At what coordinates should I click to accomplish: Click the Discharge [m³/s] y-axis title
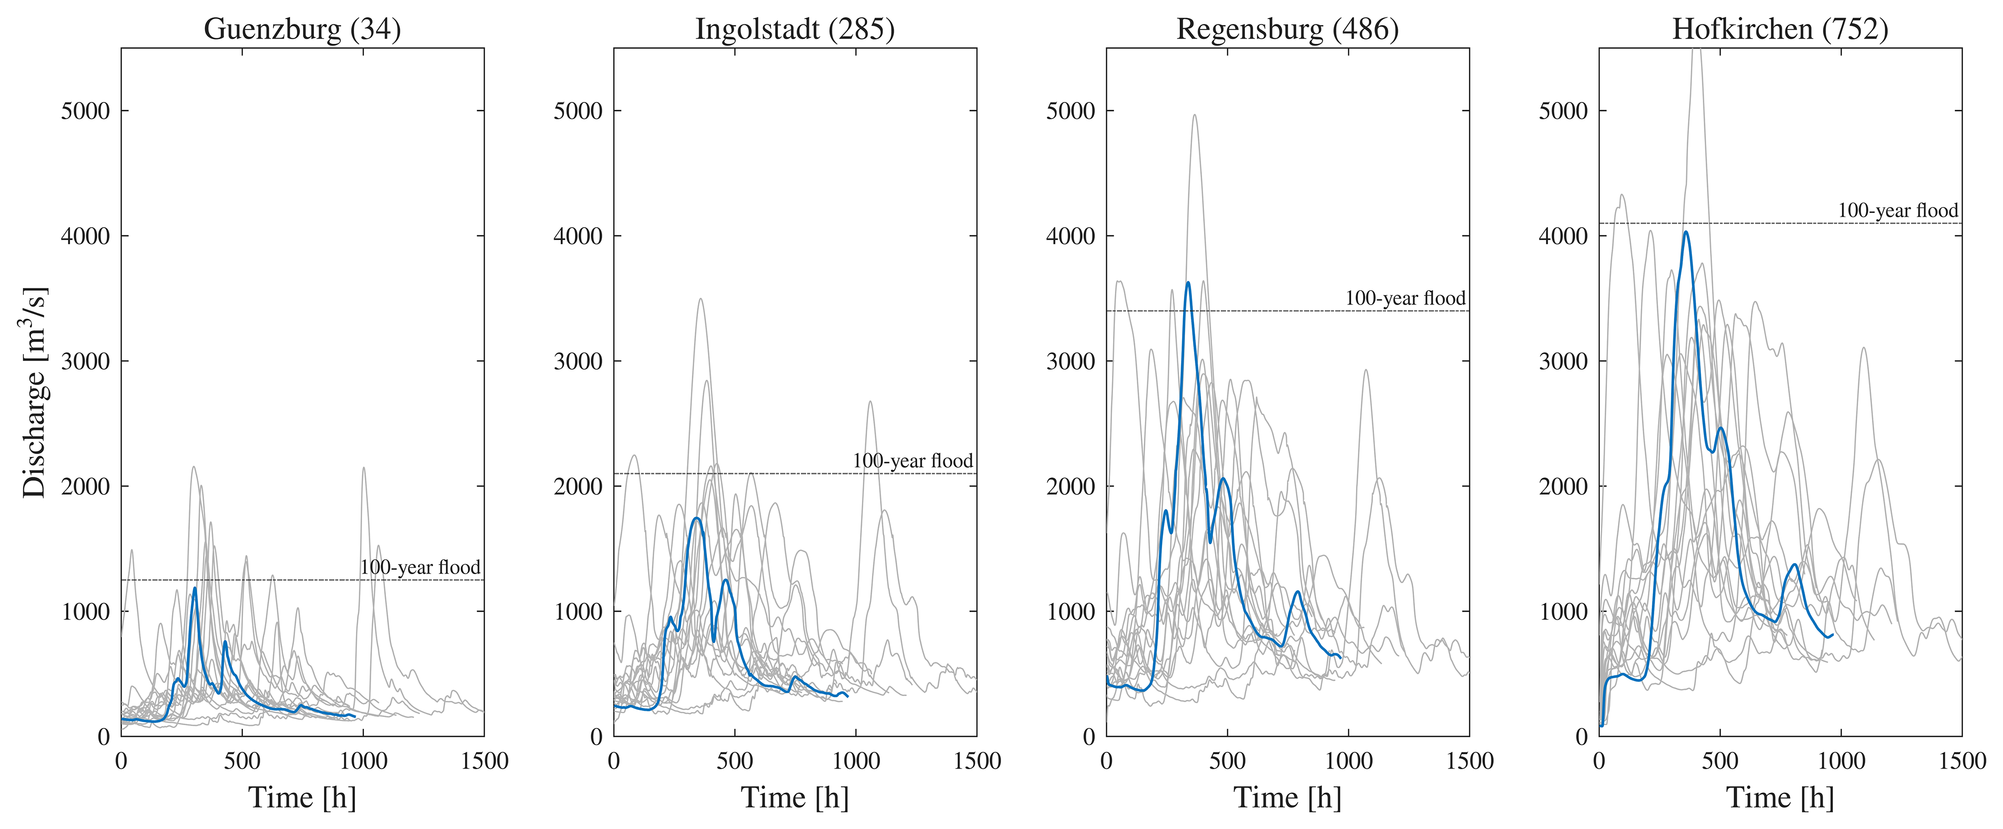(x=35, y=393)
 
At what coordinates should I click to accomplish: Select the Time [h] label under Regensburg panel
(x=1288, y=797)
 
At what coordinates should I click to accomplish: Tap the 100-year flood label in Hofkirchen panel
(x=1898, y=210)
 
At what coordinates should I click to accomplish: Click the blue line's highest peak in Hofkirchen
(x=1686, y=232)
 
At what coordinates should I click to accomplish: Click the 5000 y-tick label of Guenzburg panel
(x=86, y=111)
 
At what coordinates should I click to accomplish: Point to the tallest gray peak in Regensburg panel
(x=1194, y=115)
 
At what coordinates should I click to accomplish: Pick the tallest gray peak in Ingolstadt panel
(x=700, y=299)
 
